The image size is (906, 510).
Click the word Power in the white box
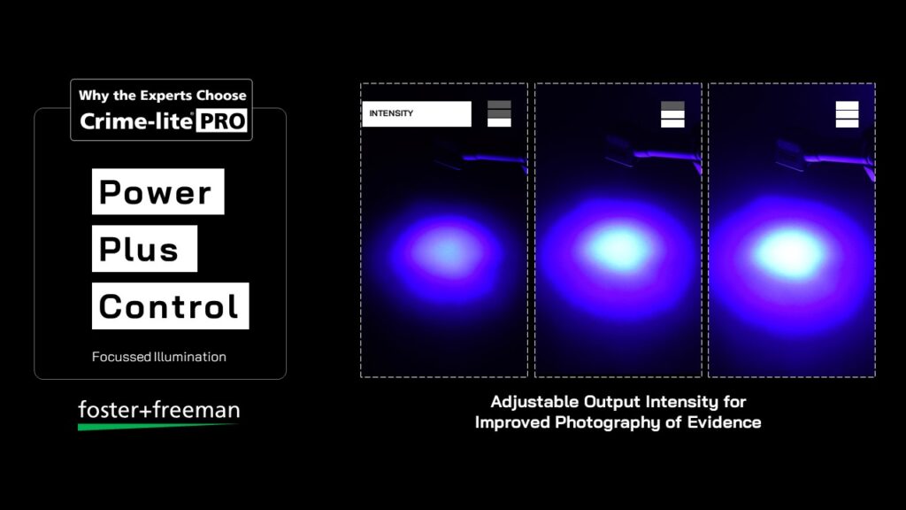155,192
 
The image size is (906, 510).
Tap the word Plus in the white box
139,249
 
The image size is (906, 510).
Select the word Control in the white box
169,306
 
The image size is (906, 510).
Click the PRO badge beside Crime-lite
222,120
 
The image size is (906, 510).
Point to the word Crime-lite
136,120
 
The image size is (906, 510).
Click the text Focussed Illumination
159,357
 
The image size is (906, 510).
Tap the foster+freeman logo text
159,409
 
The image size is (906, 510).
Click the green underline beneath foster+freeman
157,427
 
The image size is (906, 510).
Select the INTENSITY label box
417,113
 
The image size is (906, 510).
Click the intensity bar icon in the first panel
499,114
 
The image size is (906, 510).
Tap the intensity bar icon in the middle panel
672,114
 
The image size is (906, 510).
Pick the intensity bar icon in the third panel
847,114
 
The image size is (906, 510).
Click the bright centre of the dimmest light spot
446,251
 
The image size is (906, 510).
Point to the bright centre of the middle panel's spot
618,248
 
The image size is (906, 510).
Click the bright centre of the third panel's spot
790,251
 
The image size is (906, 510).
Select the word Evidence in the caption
724,422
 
